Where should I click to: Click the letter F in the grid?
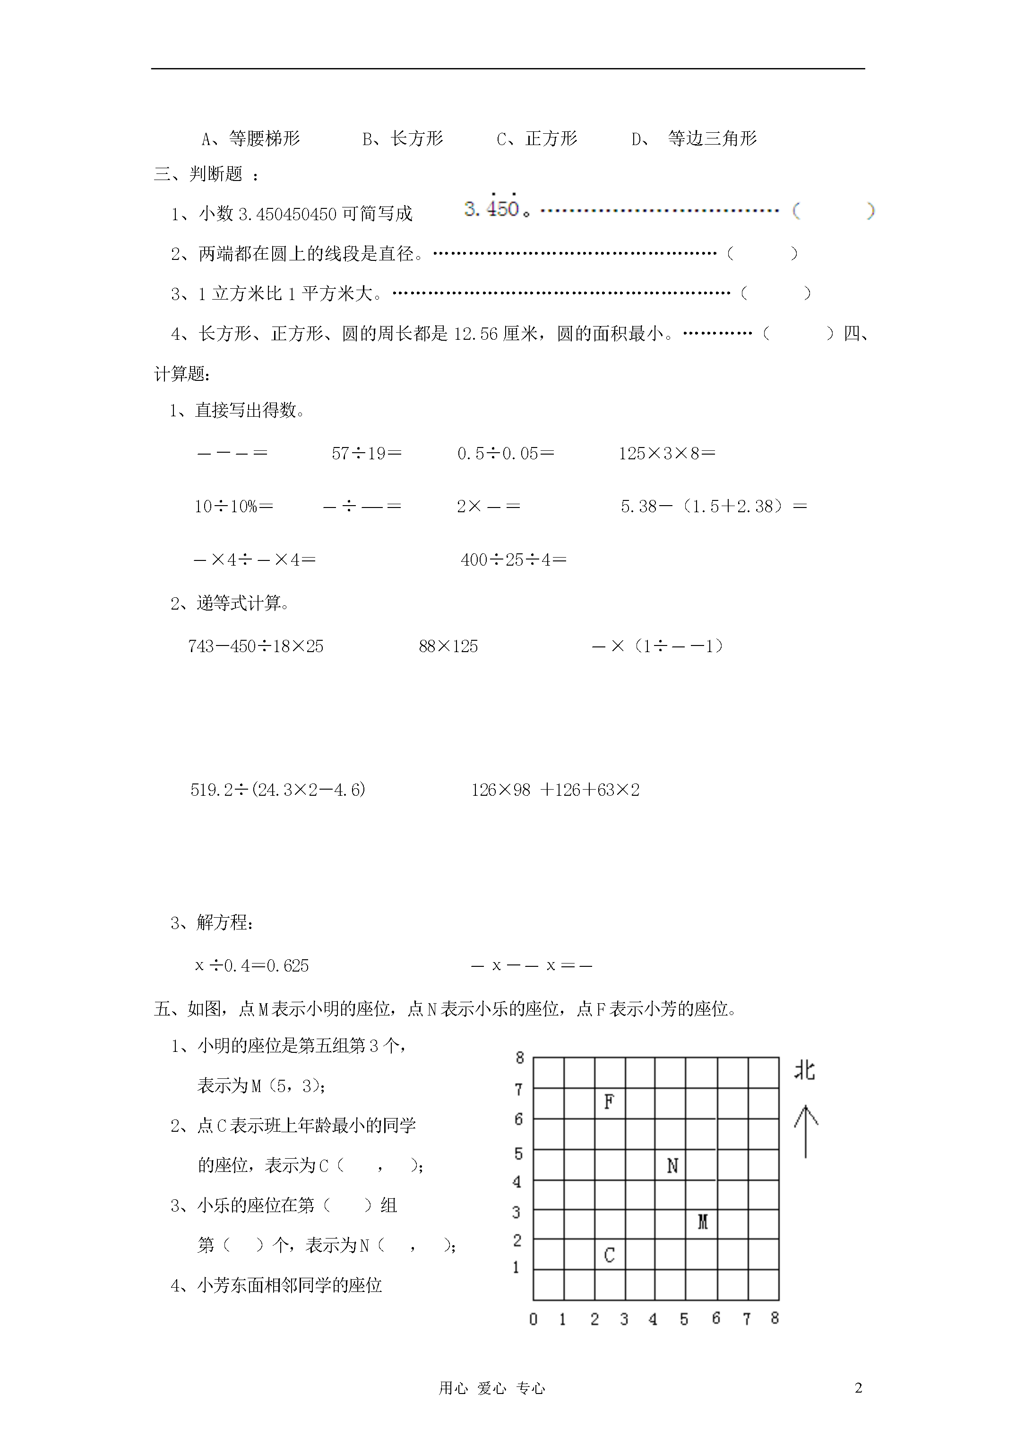point(609,1101)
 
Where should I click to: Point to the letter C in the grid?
point(609,1255)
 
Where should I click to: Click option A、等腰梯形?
point(251,138)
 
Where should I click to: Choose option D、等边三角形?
point(694,138)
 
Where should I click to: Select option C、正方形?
point(537,138)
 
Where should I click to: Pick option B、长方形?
point(403,138)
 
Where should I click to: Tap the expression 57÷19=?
point(367,453)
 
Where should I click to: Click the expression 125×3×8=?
point(667,453)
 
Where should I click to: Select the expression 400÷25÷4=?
point(513,559)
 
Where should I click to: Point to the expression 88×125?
point(448,646)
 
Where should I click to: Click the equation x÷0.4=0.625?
point(252,965)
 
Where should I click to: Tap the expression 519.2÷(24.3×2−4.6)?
point(278,790)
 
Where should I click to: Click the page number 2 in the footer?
point(858,1387)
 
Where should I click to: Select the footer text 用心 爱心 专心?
point(492,1388)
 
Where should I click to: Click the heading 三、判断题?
point(199,174)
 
